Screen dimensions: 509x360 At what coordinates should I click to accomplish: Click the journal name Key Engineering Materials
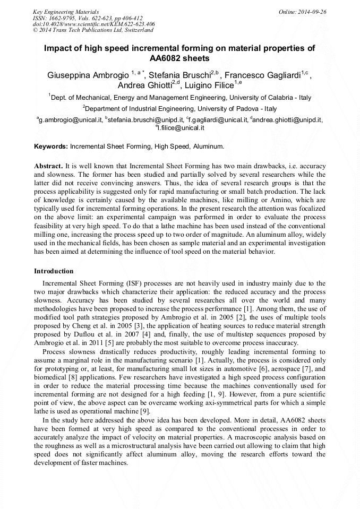tap(66, 12)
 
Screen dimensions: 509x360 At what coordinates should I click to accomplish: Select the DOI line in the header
tap(94, 24)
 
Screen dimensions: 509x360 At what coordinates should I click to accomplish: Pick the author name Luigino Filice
tap(210, 85)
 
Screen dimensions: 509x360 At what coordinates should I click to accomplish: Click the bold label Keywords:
tap(51, 146)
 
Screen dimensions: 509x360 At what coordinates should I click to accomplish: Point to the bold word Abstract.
tap(49, 166)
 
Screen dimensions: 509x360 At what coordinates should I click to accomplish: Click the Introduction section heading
tap(54, 271)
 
